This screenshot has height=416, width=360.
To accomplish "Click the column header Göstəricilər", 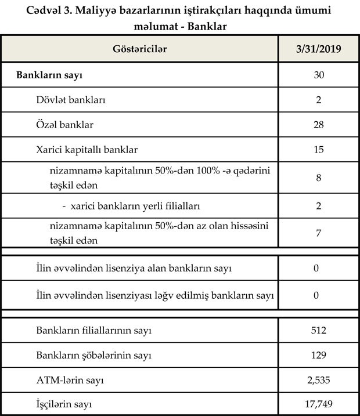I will pyautogui.click(x=139, y=49).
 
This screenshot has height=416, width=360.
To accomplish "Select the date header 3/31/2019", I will pyautogui.click(x=318, y=49).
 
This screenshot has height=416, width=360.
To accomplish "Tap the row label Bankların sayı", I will pyautogui.click(x=52, y=75).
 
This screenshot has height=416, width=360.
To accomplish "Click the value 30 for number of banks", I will pyautogui.click(x=318, y=75).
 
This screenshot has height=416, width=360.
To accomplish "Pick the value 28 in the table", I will pyautogui.click(x=318, y=125).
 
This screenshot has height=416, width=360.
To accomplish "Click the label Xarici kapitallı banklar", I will pyautogui.click(x=87, y=150).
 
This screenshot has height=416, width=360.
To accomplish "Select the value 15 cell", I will pyautogui.click(x=318, y=150).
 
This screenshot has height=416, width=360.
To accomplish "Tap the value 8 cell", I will pyautogui.click(x=318, y=178).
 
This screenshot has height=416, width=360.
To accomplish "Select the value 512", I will pyautogui.click(x=318, y=331).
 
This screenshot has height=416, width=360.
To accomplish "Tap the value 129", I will pyautogui.click(x=318, y=355).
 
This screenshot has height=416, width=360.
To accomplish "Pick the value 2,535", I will pyautogui.click(x=318, y=380).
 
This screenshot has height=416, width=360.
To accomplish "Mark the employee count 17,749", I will pyautogui.click(x=318, y=404).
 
